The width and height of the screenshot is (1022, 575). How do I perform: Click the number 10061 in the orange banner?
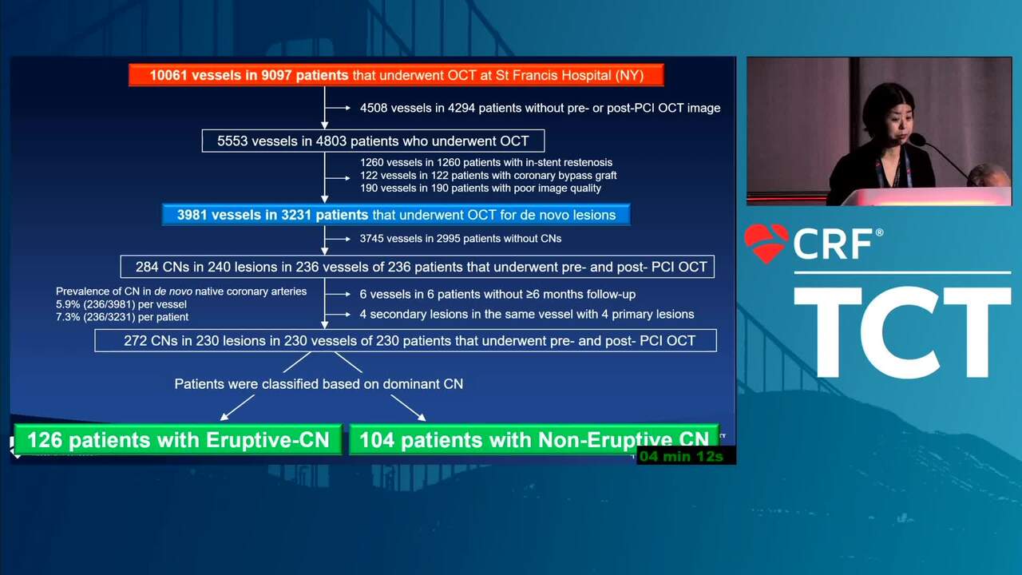[168, 75]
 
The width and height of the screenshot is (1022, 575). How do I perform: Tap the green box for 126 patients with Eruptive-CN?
[178, 440]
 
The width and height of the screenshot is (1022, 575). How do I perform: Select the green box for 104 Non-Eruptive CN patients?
[534, 440]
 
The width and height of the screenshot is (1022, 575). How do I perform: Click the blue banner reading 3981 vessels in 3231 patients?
[396, 215]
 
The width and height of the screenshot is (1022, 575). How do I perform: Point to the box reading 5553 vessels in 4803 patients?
[373, 141]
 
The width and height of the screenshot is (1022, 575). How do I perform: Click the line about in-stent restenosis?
[486, 162]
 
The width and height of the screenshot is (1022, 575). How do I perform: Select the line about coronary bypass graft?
[488, 175]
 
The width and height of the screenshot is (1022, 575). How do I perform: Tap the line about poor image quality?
[481, 188]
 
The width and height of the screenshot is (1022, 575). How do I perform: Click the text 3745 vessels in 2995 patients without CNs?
[461, 239]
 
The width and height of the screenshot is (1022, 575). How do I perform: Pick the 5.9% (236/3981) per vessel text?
[121, 304]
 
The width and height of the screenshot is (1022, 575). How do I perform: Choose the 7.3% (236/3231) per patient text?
[122, 317]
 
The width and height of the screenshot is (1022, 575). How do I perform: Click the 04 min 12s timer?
[681, 456]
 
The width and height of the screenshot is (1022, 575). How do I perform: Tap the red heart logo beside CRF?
[766, 243]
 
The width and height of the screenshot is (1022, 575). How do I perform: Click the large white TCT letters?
[902, 331]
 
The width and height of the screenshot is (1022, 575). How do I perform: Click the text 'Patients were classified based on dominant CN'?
[319, 384]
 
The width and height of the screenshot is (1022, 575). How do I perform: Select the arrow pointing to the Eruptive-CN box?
[237, 407]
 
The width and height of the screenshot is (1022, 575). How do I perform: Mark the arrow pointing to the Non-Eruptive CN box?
[408, 407]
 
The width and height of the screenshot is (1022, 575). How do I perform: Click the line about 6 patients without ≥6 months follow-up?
[497, 295]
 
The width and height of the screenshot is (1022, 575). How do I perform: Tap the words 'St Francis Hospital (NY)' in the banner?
[570, 75]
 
